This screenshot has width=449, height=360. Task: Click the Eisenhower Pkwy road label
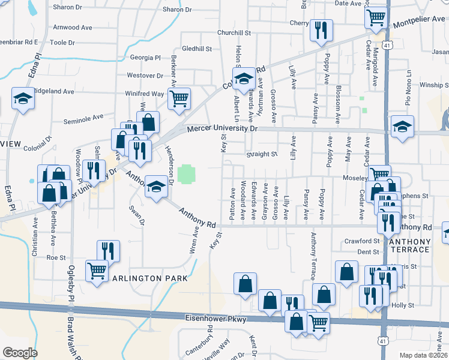[215, 319]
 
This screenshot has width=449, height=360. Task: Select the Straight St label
[261, 154]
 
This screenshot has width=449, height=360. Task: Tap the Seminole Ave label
[84, 116]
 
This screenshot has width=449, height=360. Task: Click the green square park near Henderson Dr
[185, 175]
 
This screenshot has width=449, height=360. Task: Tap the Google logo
[20, 353]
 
